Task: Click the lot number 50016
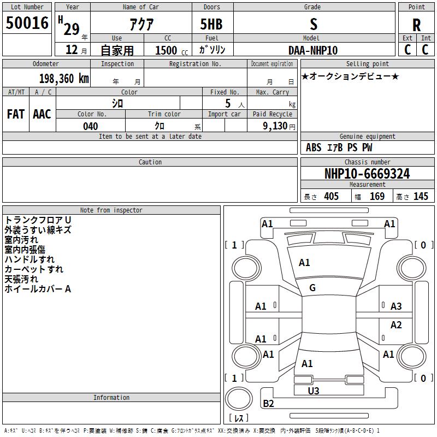[27, 23]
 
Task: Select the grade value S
[314, 24]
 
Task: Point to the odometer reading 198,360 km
[63, 79]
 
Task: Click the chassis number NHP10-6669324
[367, 174]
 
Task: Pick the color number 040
[90, 126]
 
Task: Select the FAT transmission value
[16, 114]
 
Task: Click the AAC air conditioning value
[42, 114]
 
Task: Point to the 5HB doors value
[212, 24]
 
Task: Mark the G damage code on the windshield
[312, 288]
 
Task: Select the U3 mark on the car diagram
[314, 391]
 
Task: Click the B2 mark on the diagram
[269, 404]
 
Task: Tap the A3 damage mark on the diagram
[396, 306]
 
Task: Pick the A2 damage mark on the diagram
[396, 325]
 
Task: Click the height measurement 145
[421, 196]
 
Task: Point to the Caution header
[150, 162]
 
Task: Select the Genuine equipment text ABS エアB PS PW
[339, 147]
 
